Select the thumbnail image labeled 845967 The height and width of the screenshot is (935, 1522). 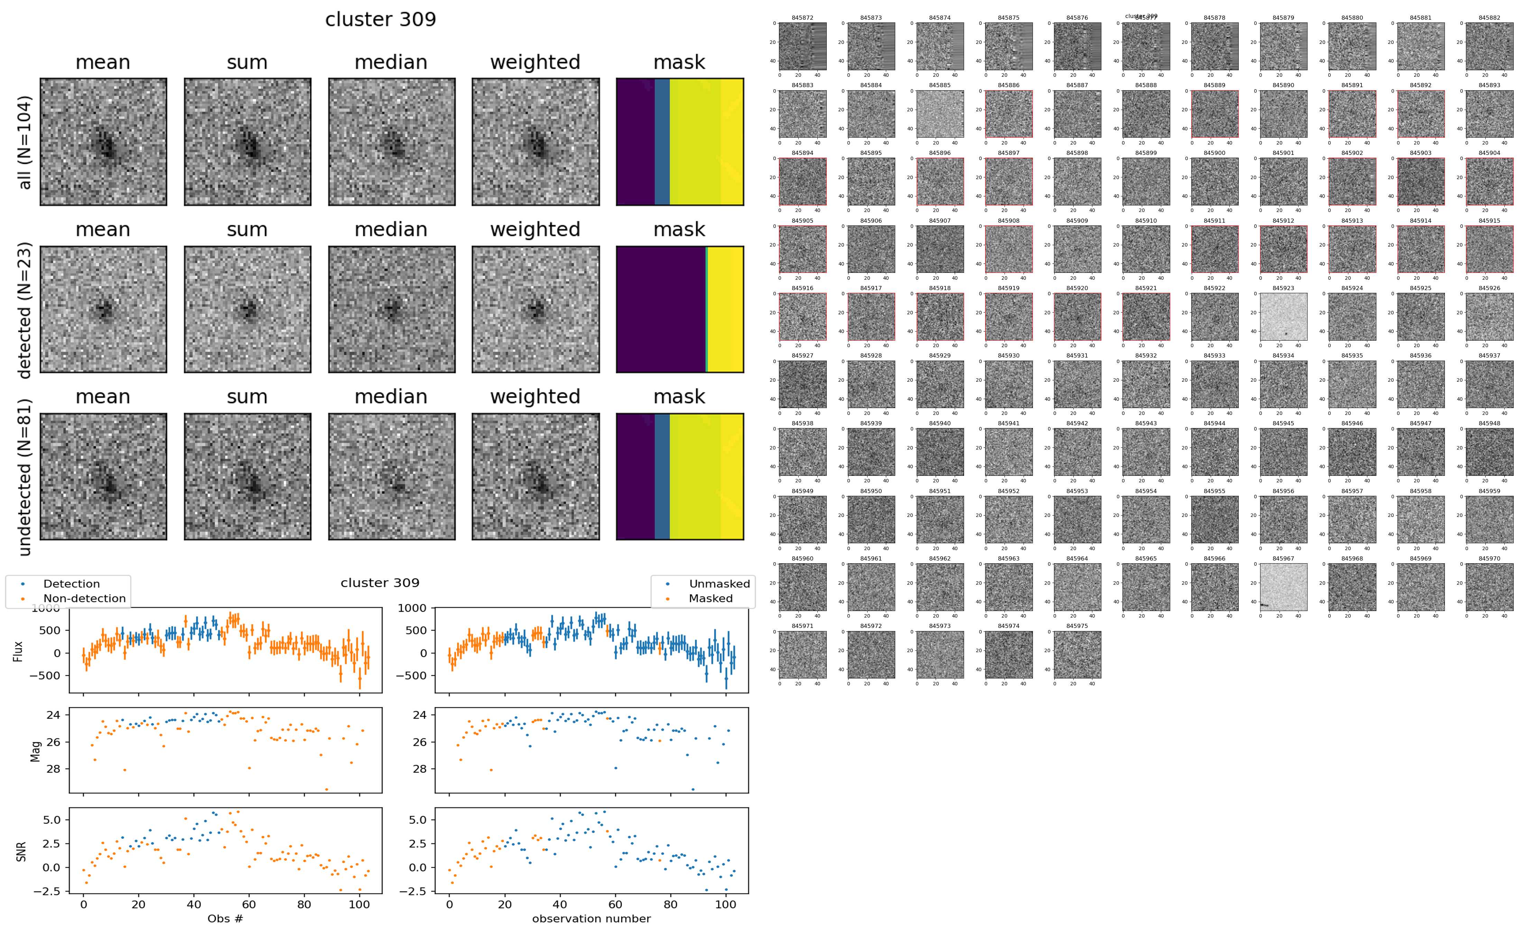click(x=1283, y=587)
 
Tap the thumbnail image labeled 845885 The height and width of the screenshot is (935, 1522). click(x=940, y=114)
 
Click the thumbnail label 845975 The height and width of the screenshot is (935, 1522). click(x=1078, y=626)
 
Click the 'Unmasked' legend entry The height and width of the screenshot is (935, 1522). click(x=719, y=584)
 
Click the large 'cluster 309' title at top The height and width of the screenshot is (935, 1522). click(x=380, y=20)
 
